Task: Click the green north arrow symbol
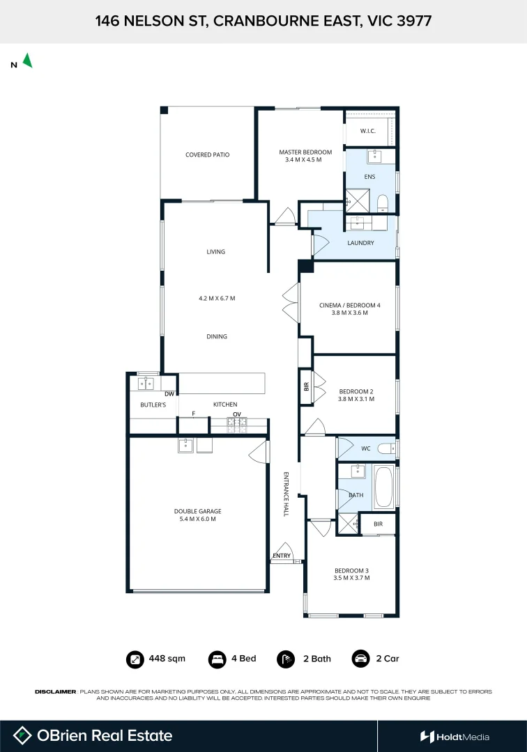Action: [x=27, y=61]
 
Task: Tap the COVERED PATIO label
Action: [x=207, y=155]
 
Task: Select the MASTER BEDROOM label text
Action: [x=305, y=152]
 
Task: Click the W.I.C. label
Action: [x=369, y=131]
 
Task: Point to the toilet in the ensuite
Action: [x=382, y=204]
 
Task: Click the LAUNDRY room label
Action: [x=360, y=243]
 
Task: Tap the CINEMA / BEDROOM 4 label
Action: [x=349, y=305]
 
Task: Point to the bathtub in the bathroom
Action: [x=383, y=486]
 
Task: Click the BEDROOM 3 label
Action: [x=351, y=570]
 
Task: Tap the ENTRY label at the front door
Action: [x=282, y=556]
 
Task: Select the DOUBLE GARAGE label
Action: [x=198, y=511]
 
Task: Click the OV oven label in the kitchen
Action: [x=236, y=414]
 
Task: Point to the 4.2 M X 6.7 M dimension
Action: [x=217, y=298]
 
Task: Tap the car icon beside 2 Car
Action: [x=360, y=659]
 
